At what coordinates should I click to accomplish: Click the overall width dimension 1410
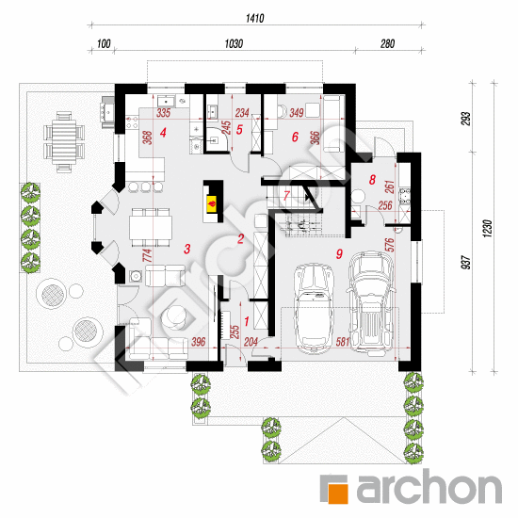pyautogui.click(x=254, y=18)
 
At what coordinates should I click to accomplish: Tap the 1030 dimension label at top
pyautogui.click(x=234, y=43)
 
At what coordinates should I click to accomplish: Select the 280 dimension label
pyautogui.click(x=387, y=43)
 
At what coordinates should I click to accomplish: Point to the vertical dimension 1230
pyautogui.click(x=488, y=229)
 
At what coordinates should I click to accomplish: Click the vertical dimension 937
pyautogui.click(x=465, y=263)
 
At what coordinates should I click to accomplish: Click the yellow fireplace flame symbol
pyautogui.click(x=211, y=202)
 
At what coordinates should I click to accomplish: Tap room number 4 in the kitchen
pyautogui.click(x=163, y=133)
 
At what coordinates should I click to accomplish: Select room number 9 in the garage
pyautogui.click(x=339, y=253)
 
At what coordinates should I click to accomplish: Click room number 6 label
pyautogui.click(x=295, y=137)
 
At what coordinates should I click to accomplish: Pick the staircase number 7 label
pyautogui.click(x=286, y=196)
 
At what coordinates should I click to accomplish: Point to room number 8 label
pyautogui.click(x=372, y=180)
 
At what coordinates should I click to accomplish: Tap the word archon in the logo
pyautogui.click(x=429, y=486)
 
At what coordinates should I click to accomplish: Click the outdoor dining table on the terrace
pyautogui.click(x=64, y=142)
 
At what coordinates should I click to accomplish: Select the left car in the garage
pyautogui.click(x=314, y=309)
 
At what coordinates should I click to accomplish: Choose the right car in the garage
pyautogui.click(x=371, y=304)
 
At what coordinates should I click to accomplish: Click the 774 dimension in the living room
pyautogui.click(x=147, y=255)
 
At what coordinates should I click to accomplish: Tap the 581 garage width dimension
pyautogui.click(x=342, y=342)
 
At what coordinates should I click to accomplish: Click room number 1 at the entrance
pyautogui.click(x=246, y=321)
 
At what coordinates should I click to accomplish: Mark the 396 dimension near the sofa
pyautogui.click(x=198, y=342)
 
